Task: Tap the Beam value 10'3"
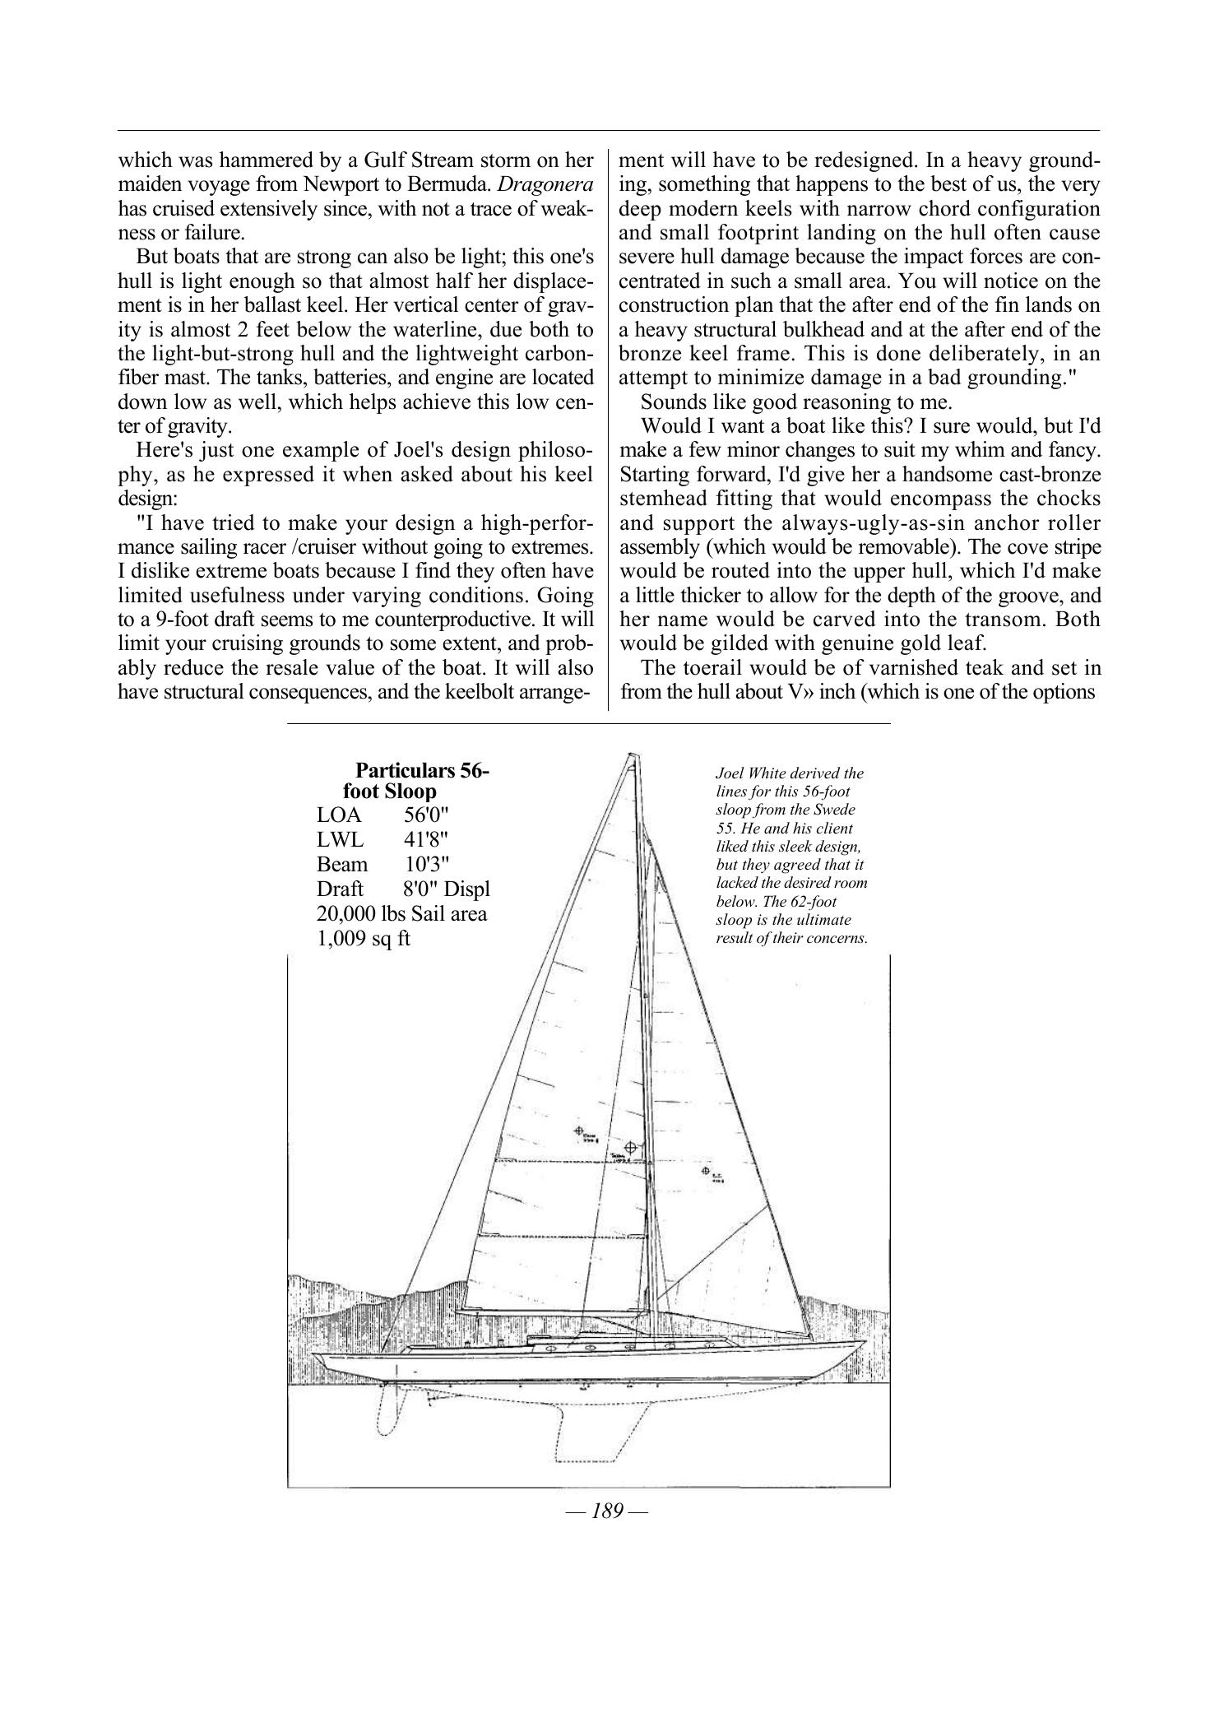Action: tap(428, 865)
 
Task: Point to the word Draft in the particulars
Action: tap(340, 889)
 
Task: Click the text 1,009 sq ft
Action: tap(363, 938)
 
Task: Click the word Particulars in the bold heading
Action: tap(404, 771)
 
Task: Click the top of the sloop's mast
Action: tap(631, 755)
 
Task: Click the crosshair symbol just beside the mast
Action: tap(631, 1147)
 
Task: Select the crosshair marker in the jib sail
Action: tap(705, 1170)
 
